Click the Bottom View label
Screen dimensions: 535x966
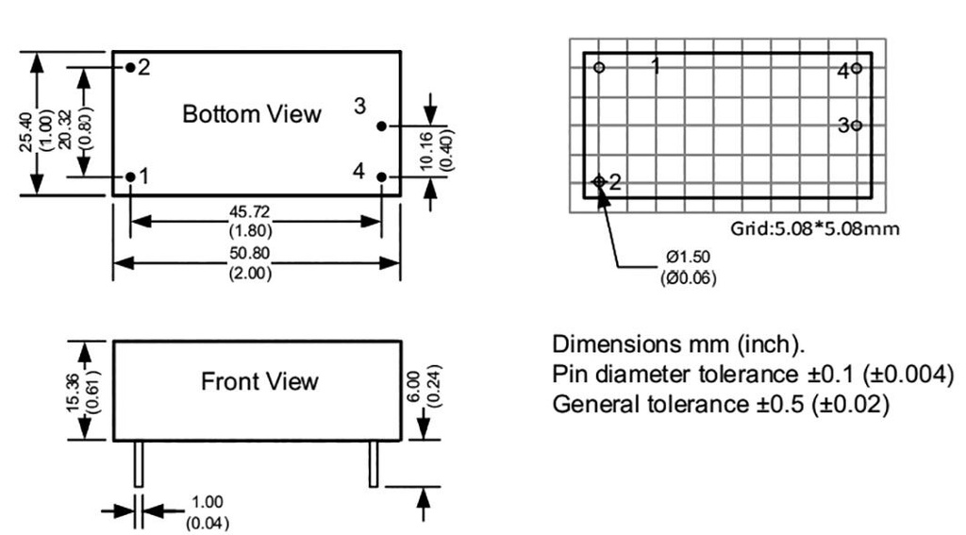pos(252,114)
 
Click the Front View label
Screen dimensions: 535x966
pos(259,382)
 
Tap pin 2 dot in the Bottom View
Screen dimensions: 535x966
pos(130,68)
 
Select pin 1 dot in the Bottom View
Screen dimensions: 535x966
pos(130,176)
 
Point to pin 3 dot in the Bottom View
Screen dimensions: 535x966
pos(381,125)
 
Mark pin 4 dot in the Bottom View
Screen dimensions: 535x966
pos(381,176)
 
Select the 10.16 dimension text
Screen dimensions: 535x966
pos(425,151)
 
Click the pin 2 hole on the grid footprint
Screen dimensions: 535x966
pos(599,181)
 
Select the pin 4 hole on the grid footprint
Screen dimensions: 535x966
pos(856,68)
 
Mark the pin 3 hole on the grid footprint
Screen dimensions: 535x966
pos(856,125)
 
